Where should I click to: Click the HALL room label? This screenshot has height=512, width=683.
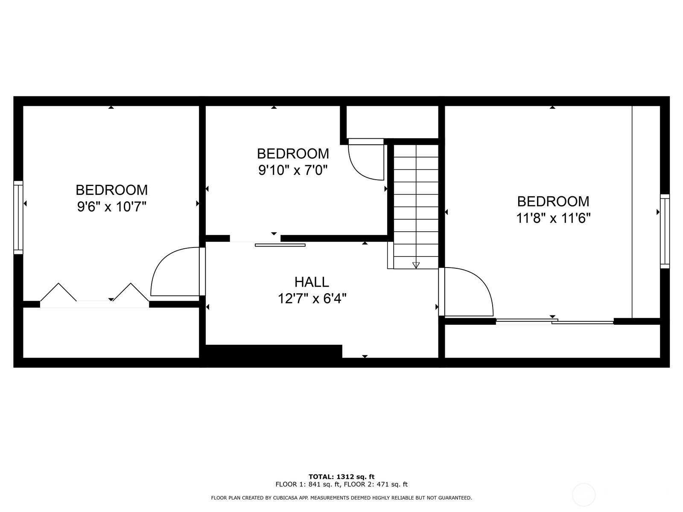click(312, 282)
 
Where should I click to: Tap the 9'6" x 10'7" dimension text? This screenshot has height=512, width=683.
click(111, 207)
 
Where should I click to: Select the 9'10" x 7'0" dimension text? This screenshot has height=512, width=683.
click(293, 171)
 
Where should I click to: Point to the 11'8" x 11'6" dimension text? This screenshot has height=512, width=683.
click(553, 218)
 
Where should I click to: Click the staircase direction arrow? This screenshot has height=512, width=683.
click(416, 265)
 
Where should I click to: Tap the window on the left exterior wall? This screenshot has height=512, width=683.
click(18, 217)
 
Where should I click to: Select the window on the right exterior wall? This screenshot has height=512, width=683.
click(665, 231)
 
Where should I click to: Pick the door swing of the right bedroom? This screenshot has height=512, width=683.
click(467, 292)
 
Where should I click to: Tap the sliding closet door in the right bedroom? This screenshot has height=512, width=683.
click(555, 321)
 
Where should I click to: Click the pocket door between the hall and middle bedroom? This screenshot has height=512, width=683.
click(280, 245)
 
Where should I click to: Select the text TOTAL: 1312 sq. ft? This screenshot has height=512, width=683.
click(341, 477)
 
